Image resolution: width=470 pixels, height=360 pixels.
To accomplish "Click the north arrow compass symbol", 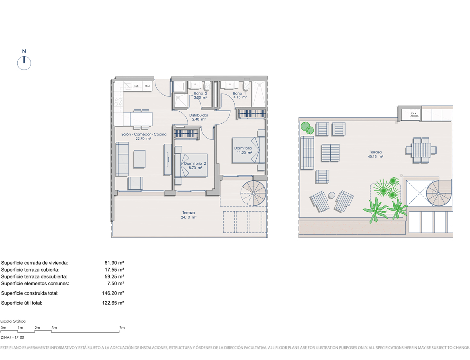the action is click(24, 63).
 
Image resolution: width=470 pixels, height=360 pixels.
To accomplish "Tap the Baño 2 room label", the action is click(200, 93).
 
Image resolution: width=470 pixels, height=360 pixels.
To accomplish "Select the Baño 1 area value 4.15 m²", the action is click(240, 97).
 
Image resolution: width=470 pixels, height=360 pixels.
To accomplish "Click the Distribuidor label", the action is click(198, 115).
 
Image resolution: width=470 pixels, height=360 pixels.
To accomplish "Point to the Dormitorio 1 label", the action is click(245, 148).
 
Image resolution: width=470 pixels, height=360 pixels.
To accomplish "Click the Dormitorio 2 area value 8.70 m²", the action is click(196, 168).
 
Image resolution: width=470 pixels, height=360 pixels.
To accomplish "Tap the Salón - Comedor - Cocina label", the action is click(144, 134).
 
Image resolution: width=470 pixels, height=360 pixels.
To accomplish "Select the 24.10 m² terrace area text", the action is click(188, 217).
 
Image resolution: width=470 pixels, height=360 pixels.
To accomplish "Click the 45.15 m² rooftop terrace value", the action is click(376, 156).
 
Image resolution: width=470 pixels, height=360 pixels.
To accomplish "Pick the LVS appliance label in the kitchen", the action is click(137, 86).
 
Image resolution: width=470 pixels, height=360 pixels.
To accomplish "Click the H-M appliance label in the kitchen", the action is click(147, 86).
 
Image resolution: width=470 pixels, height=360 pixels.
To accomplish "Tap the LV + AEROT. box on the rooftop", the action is click(414, 115).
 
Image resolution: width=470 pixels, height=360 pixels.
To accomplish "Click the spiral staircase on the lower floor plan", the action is click(253, 193).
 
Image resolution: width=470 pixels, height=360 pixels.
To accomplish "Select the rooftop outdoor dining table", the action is click(421, 150).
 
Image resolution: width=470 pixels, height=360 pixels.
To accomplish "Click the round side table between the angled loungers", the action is click(331, 195).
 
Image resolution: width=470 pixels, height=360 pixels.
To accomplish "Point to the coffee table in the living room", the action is click(139, 159).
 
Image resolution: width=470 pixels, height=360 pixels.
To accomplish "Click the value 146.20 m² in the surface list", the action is click(113, 293).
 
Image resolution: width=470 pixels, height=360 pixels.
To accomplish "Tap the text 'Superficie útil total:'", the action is click(22, 303).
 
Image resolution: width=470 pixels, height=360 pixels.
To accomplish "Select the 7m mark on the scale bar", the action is click(122, 328).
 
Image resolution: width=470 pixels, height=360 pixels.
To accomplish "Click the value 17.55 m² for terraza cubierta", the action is click(114, 270).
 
